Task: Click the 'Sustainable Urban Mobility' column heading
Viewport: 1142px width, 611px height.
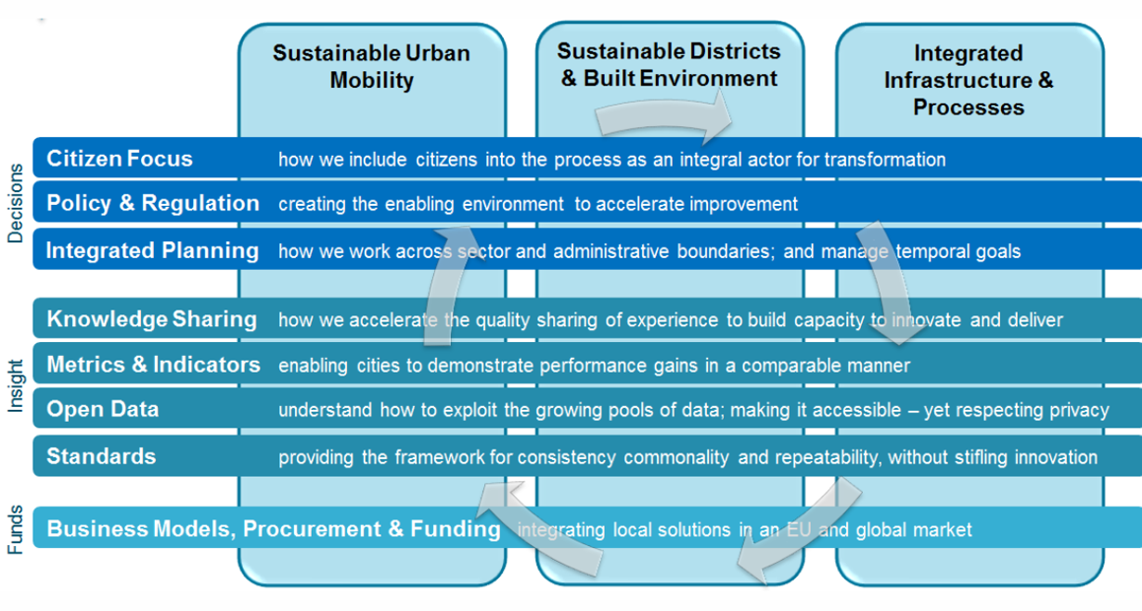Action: (372, 66)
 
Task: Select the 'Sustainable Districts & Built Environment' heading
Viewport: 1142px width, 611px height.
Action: (669, 65)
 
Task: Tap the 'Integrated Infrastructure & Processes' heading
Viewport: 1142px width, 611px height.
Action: (968, 80)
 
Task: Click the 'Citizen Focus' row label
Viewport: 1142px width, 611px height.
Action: (119, 159)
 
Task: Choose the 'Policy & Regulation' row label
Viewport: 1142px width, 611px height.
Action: (153, 203)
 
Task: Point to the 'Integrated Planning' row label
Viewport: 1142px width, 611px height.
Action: (152, 251)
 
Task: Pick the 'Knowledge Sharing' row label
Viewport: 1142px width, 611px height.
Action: (152, 319)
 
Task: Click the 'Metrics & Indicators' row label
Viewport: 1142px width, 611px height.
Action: (154, 365)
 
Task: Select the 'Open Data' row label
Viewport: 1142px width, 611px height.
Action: (103, 410)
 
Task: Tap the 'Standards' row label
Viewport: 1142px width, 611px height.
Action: (102, 457)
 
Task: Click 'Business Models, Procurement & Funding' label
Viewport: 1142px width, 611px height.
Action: (274, 529)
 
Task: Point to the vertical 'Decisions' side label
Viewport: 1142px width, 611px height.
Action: (16, 203)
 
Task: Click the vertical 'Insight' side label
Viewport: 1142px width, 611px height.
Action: (16, 386)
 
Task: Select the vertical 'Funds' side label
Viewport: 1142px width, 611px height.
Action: (16, 529)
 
